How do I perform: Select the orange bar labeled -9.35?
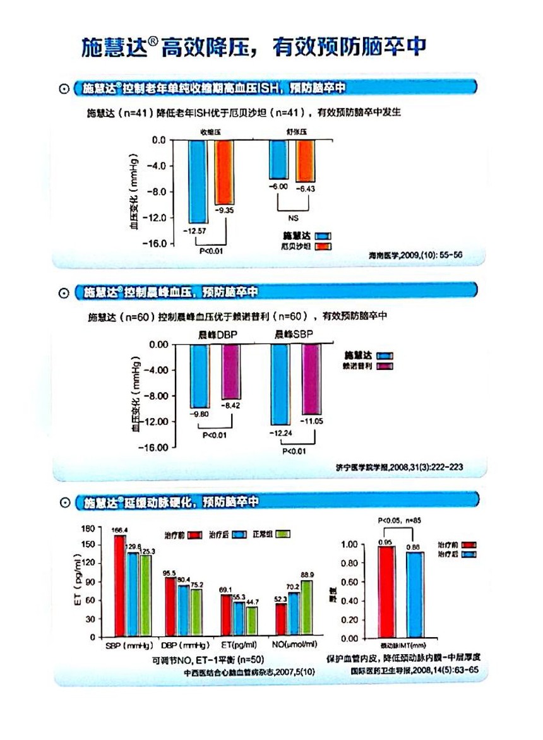tap(224, 171)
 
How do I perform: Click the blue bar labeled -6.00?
tap(278, 159)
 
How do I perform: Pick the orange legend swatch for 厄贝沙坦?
tap(324, 246)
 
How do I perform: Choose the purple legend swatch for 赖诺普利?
tap(385, 366)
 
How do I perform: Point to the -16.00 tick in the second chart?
tap(153, 447)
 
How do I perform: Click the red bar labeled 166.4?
tap(119, 585)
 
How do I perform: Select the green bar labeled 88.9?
tap(307, 607)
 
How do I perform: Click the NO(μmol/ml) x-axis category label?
tap(294, 646)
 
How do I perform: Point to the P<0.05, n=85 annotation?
tap(400, 521)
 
